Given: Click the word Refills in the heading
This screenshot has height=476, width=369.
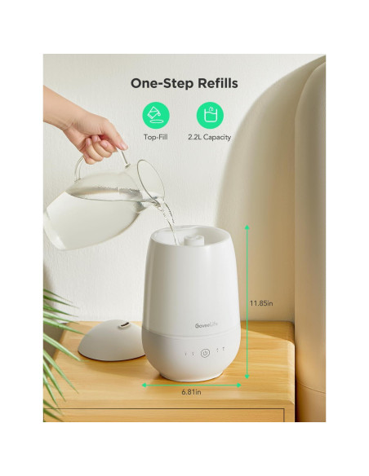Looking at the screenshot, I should (214, 82).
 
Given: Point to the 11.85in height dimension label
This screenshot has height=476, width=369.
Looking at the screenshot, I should (262, 303).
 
